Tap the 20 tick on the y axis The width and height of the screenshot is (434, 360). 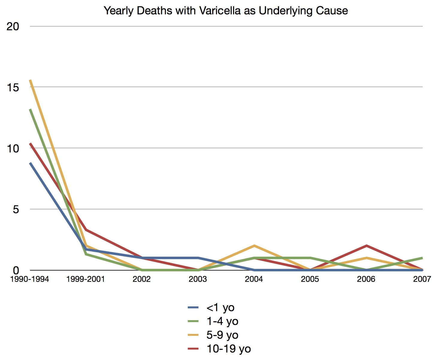(13, 26)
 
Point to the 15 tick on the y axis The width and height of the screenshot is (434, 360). (13, 87)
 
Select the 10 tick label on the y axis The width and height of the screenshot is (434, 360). (13, 149)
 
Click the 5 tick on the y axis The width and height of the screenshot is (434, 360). (16, 209)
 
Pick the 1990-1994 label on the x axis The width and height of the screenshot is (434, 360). (29, 279)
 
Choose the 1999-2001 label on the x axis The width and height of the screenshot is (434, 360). (85, 279)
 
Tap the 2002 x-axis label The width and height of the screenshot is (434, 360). (141, 279)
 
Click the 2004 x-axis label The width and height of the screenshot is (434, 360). (254, 279)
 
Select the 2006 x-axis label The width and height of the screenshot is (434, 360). (366, 279)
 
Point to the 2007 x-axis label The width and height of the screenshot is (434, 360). (422, 279)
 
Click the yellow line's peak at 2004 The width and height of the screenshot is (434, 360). (254, 246)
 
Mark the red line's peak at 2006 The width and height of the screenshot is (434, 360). (366, 246)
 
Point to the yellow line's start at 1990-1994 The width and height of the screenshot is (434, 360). (30, 80)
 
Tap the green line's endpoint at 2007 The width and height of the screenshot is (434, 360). (422, 258)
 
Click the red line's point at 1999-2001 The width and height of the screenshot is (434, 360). (86, 230)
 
